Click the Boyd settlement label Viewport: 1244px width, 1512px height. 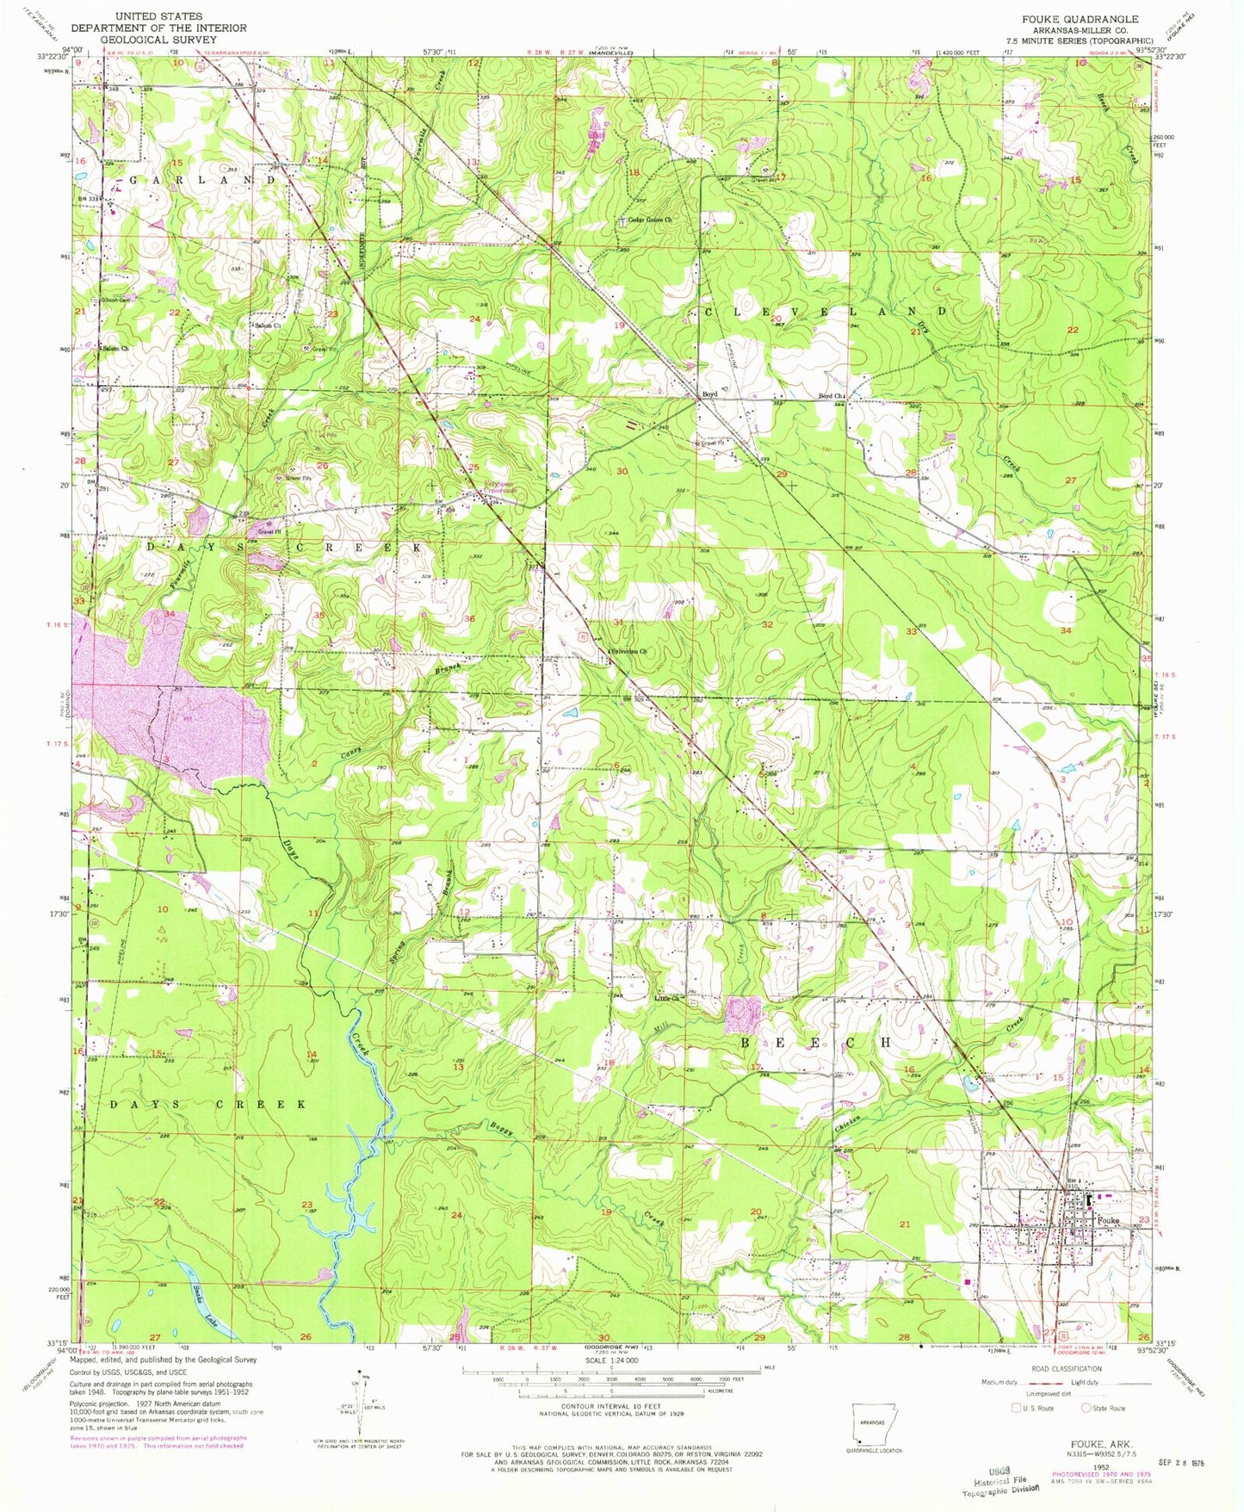(709, 394)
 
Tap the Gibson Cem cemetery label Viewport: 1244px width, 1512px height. (114, 300)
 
